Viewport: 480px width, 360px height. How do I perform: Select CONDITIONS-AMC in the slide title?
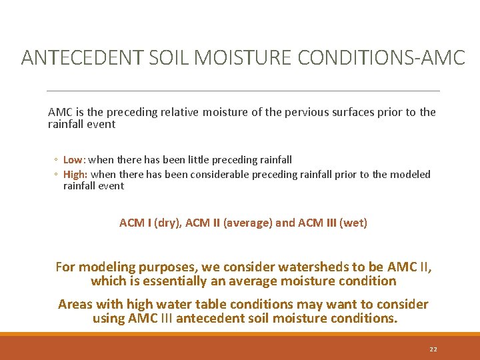381,58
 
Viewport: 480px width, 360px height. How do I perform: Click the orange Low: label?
74,159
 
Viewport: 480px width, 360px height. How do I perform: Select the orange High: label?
75,174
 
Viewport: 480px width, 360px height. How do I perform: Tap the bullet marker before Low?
57,160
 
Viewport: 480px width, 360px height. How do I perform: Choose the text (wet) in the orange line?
353,223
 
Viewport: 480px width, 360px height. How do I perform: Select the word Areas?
75,305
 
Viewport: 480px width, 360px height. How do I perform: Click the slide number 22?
433,349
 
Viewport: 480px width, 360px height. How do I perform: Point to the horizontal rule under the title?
244,91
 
